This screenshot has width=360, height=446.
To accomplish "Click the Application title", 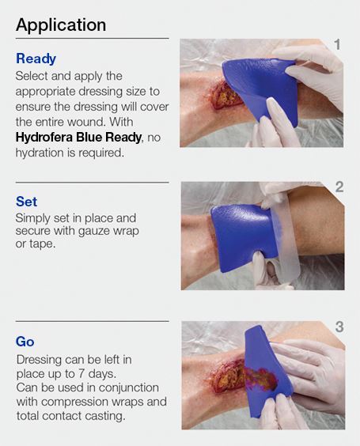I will [x=61, y=25].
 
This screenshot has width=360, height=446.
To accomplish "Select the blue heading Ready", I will [x=36, y=59].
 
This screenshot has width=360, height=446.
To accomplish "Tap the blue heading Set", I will [x=27, y=202].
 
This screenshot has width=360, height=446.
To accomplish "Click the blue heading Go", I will [x=25, y=342].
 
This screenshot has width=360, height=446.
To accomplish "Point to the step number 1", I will [x=337, y=45].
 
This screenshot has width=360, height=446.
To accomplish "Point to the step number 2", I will [x=339, y=187].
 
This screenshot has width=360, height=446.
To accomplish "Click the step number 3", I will [x=339, y=327].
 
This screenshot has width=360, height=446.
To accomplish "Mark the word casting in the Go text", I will [x=104, y=416].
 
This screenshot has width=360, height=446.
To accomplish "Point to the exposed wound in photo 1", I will [x=229, y=99].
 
